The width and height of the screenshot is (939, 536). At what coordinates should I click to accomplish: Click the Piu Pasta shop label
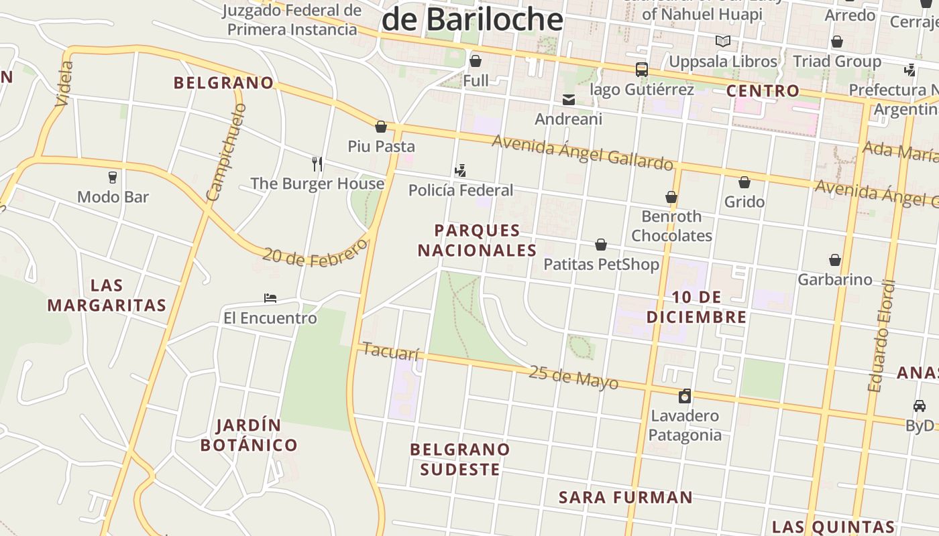click(381, 146)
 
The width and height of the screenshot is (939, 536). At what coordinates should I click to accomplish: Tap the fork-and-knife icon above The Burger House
click(317, 163)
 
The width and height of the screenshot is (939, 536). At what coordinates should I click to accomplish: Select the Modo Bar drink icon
click(113, 178)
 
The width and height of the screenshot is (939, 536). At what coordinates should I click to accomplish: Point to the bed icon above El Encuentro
click(270, 297)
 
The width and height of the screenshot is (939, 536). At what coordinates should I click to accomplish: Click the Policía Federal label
click(461, 190)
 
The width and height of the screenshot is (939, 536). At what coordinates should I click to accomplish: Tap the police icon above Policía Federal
click(460, 170)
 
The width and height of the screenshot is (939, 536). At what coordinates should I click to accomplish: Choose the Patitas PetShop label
click(601, 264)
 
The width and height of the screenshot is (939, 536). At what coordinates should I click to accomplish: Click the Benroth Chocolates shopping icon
click(671, 197)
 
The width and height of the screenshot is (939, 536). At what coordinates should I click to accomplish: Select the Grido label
click(744, 202)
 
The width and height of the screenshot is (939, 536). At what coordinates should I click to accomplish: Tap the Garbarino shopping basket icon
click(835, 260)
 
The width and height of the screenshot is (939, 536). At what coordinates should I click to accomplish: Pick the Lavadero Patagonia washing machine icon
click(685, 396)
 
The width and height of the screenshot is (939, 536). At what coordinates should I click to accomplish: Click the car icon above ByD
click(920, 406)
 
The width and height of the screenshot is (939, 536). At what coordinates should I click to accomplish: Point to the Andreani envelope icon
click(569, 100)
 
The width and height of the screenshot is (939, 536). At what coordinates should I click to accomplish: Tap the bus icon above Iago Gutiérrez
click(642, 69)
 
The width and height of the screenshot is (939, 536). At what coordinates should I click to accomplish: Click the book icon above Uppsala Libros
click(723, 42)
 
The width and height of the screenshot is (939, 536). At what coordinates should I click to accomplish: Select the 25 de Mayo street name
click(573, 377)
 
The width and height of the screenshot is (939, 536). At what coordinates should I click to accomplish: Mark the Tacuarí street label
click(390, 350)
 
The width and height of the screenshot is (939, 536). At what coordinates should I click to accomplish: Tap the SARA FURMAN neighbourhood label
click(625, 497)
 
